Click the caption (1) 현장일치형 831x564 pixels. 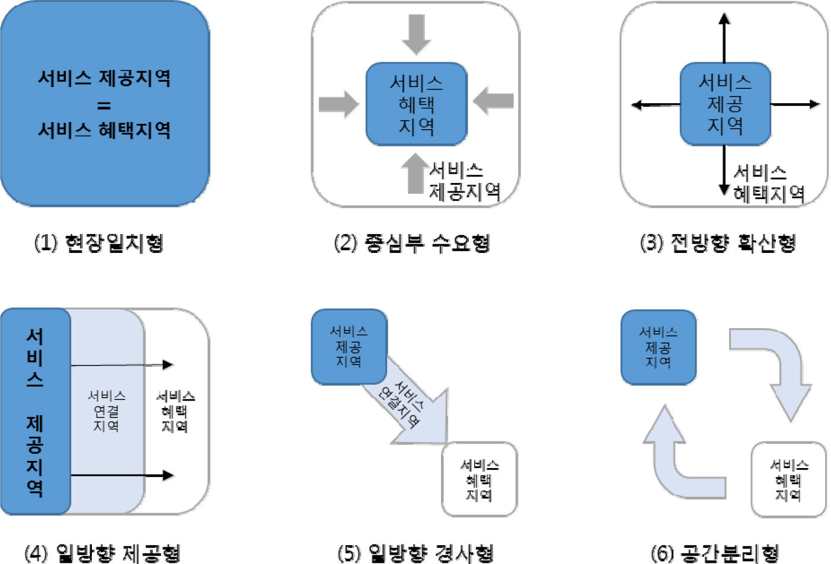98,243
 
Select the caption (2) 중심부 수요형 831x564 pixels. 412,243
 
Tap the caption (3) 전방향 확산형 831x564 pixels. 718,243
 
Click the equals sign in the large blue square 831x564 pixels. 104,105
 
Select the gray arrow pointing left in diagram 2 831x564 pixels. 494,101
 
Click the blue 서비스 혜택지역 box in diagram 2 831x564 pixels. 417,104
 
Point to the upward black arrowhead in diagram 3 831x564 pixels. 724,18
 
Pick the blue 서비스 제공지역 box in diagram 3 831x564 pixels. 725,104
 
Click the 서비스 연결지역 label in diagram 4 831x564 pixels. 107,411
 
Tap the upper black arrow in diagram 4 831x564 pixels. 122,365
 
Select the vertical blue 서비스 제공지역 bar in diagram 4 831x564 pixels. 36,411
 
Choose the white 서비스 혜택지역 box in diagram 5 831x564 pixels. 480,479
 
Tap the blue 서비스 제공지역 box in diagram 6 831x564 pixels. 659,347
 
